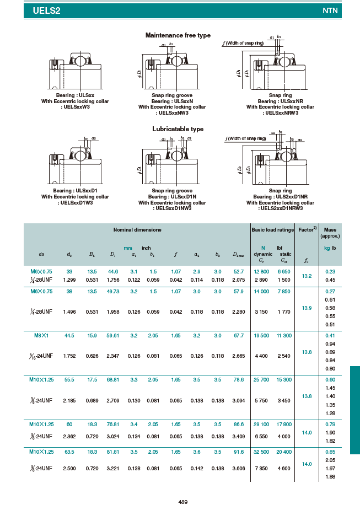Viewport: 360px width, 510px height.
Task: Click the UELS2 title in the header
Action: [x=46, y=10]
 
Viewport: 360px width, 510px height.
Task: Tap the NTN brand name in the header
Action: [x=330, y=10]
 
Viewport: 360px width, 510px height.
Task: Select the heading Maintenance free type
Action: [x=178, y=35]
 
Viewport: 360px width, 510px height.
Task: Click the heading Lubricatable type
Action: [x=178, y=129]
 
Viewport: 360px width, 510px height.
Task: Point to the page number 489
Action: [x=183, y=501]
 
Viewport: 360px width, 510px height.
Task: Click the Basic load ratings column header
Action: [x=272, y=229]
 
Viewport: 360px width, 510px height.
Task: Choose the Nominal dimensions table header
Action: [x=137, y=229]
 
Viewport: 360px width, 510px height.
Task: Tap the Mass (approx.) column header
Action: [x=330, y=233]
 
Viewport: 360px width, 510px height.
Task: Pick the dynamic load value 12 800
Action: [x=261, y=271]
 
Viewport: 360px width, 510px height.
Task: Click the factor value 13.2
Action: [x=307, y=276]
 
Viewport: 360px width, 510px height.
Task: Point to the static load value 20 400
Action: [x=284, y=452]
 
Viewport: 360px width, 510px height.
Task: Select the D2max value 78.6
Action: [x=238, y=380]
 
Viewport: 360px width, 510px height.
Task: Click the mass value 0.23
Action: [x=330, y=271]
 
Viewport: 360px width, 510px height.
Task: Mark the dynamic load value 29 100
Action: [x=261, y=424]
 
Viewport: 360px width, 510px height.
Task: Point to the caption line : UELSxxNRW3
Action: [x=280, y=112]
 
